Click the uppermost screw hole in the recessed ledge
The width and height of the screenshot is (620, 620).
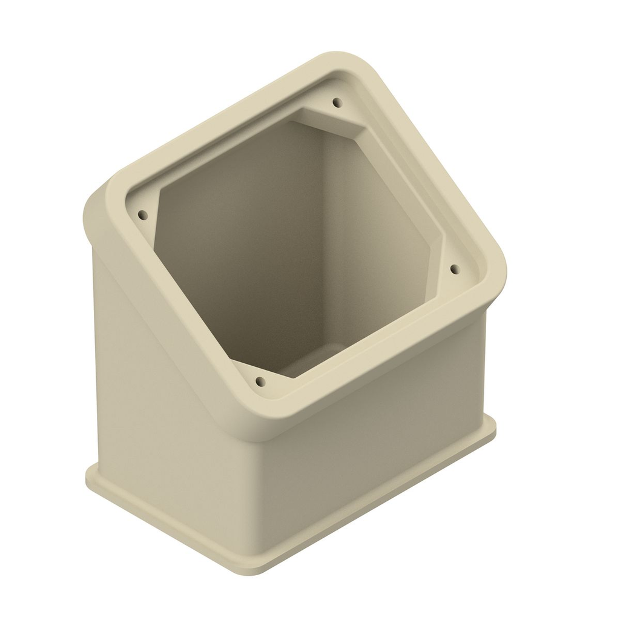tap(337, 102)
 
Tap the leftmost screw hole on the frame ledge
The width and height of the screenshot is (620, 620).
tap(143, 215)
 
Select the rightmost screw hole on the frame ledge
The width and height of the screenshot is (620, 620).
tap(455, 268)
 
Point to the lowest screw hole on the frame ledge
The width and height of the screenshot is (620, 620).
tap(260, 381)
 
